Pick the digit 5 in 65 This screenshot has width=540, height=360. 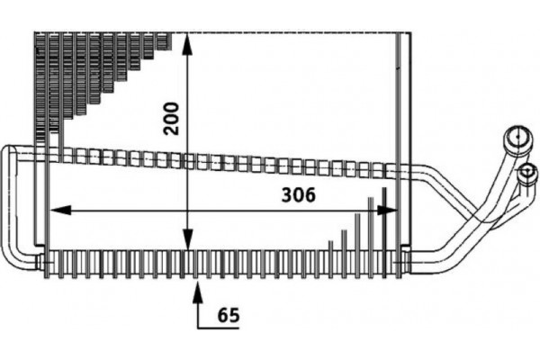point(236,316)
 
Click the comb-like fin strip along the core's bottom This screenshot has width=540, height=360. point(225,263)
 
